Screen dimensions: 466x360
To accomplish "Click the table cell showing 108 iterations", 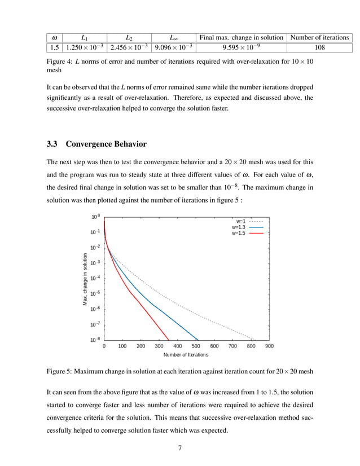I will click(x=319, y=48).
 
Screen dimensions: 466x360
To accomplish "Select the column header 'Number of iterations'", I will click(x=319, y=37).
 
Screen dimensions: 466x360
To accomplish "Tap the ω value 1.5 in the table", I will click(x=54, y=48).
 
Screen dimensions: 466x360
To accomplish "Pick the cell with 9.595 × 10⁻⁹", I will click(x=244, y=48).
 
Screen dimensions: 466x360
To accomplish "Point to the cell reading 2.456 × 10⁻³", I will click(x=130, y=48).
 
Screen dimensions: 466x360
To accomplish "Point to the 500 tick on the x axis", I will click(x=196, y=346).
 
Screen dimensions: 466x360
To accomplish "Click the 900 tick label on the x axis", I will click(x=269, y=346).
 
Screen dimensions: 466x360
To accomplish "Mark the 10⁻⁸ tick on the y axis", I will click(x=95, y=340).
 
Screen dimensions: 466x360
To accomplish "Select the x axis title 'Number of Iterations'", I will click(x=186, y=355).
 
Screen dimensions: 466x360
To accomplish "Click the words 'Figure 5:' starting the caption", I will click(x=60, y=373).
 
